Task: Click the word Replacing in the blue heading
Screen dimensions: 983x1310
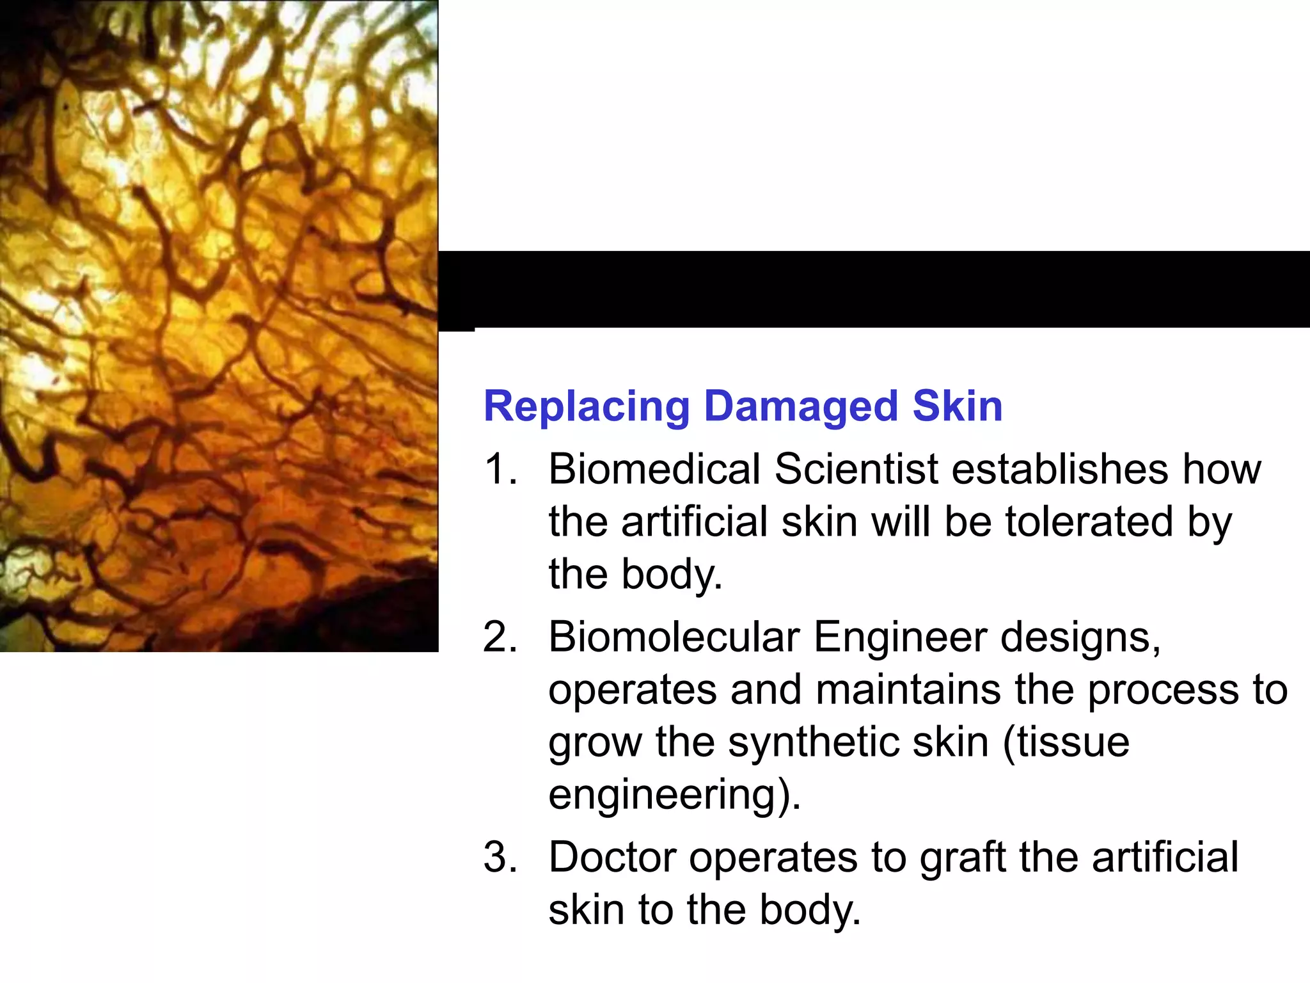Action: pos(586,408)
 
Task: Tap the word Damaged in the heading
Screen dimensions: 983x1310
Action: pos(801,406)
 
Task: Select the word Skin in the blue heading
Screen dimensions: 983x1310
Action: pos(957,406)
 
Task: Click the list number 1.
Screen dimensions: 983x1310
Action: pos(500,469)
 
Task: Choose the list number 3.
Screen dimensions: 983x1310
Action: pos(500,858)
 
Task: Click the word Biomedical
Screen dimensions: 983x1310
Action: pos(654,469)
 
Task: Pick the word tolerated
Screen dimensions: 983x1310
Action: pos(1089,522)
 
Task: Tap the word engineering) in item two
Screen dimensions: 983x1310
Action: pos(674,796)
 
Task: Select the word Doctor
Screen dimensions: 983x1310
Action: pos(612,858)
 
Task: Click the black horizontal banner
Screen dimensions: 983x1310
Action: pos(874,289)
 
